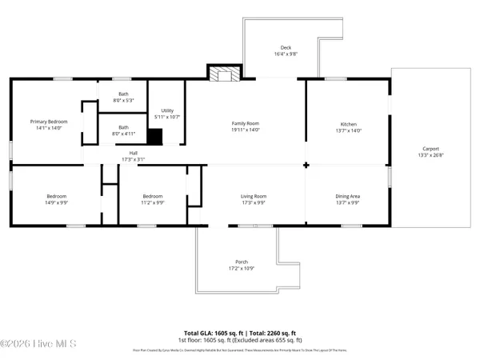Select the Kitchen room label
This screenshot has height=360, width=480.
click(348, 125)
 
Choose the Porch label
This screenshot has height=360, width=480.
click(241, 262)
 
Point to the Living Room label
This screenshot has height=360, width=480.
click(254, 196)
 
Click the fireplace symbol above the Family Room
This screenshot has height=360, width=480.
click(220, 74)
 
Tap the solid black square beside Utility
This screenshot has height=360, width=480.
click(154, 137)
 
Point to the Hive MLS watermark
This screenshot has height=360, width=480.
click(38, 344)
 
